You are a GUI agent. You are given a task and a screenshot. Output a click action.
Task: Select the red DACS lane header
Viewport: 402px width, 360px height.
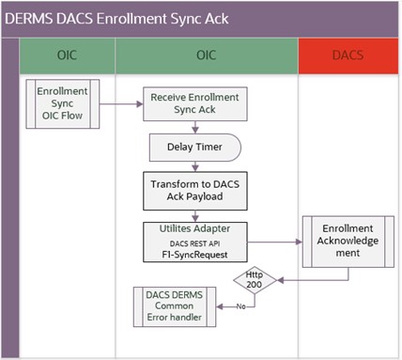pos(347,57)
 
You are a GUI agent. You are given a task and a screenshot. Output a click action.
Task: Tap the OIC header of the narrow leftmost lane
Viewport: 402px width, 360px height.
pos(66,57)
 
